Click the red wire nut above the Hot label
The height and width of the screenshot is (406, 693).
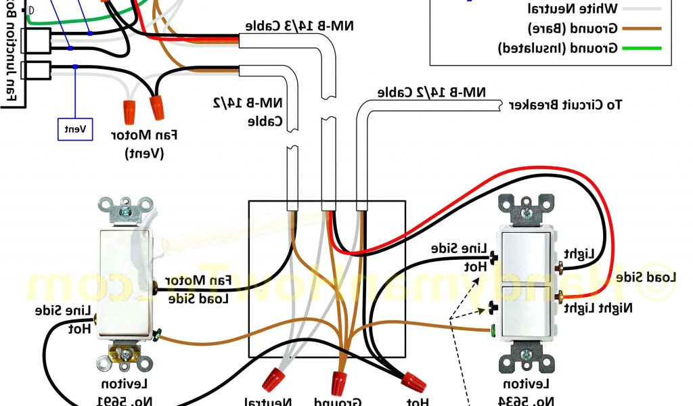[x=413, y=380]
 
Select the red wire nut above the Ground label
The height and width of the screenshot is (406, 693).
[x=340, y=380]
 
